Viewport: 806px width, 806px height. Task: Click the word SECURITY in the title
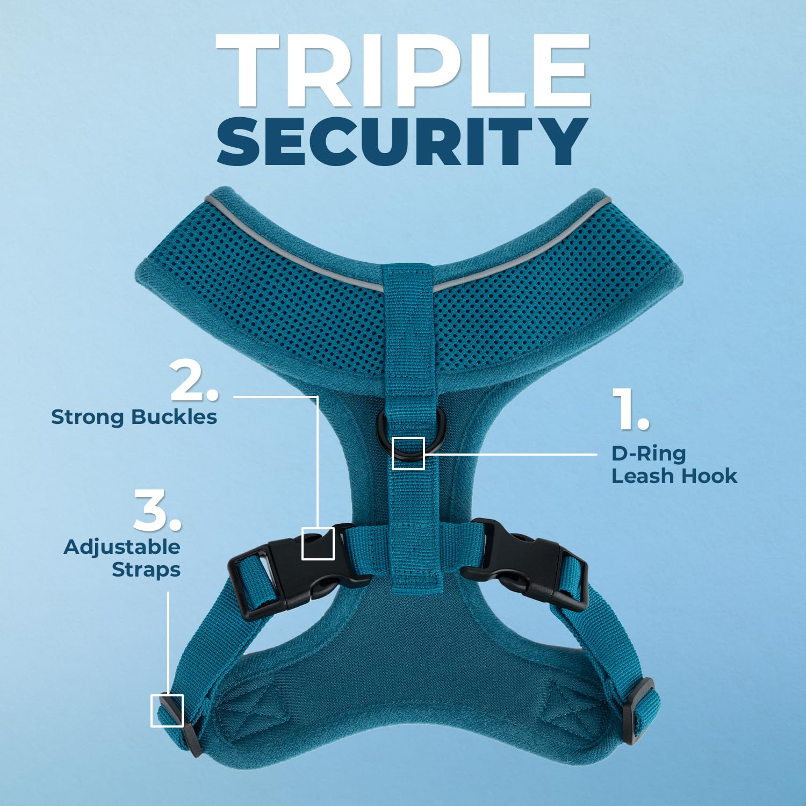pyautogui.click(x=403, y=141)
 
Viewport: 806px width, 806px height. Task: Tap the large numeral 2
pyautogui.click(x=193, y=382)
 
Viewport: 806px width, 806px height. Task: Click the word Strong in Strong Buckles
pyautogui.click(x=88, y=417)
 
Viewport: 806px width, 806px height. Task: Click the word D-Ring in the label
pyautogui.click(x=649, y=454)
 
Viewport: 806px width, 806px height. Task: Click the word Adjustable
pyautogui.click(x=122, y=547)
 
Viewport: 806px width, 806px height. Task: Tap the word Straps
pyautogui.click(x=146, y=570)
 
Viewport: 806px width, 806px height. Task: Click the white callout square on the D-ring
pyautogui.click(x=408, y=454)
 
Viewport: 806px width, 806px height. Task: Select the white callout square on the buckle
pyautogui.click(x=318, y=543)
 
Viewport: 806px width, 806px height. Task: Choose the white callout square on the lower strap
pyautogui.click(x=167, y=710)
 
